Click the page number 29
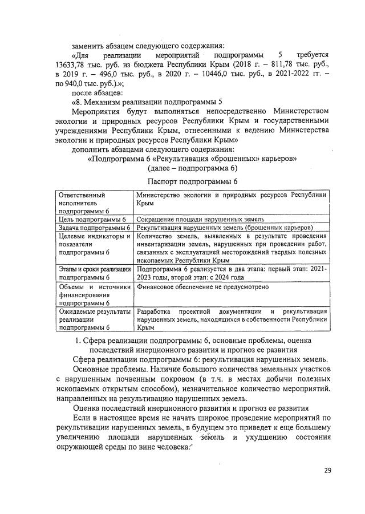pos(327,470)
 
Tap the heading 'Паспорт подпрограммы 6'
pos(192,180)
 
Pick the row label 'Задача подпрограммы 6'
pos(94,227)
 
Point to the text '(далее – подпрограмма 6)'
pos(192,168)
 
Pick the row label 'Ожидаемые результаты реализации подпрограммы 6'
pos(94,319)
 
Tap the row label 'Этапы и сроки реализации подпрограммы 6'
pos(94,272)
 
